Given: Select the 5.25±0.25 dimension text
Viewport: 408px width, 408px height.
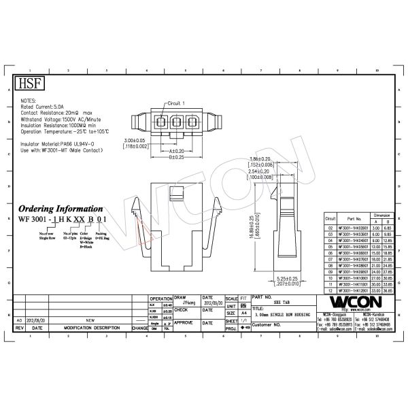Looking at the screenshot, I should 288,277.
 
